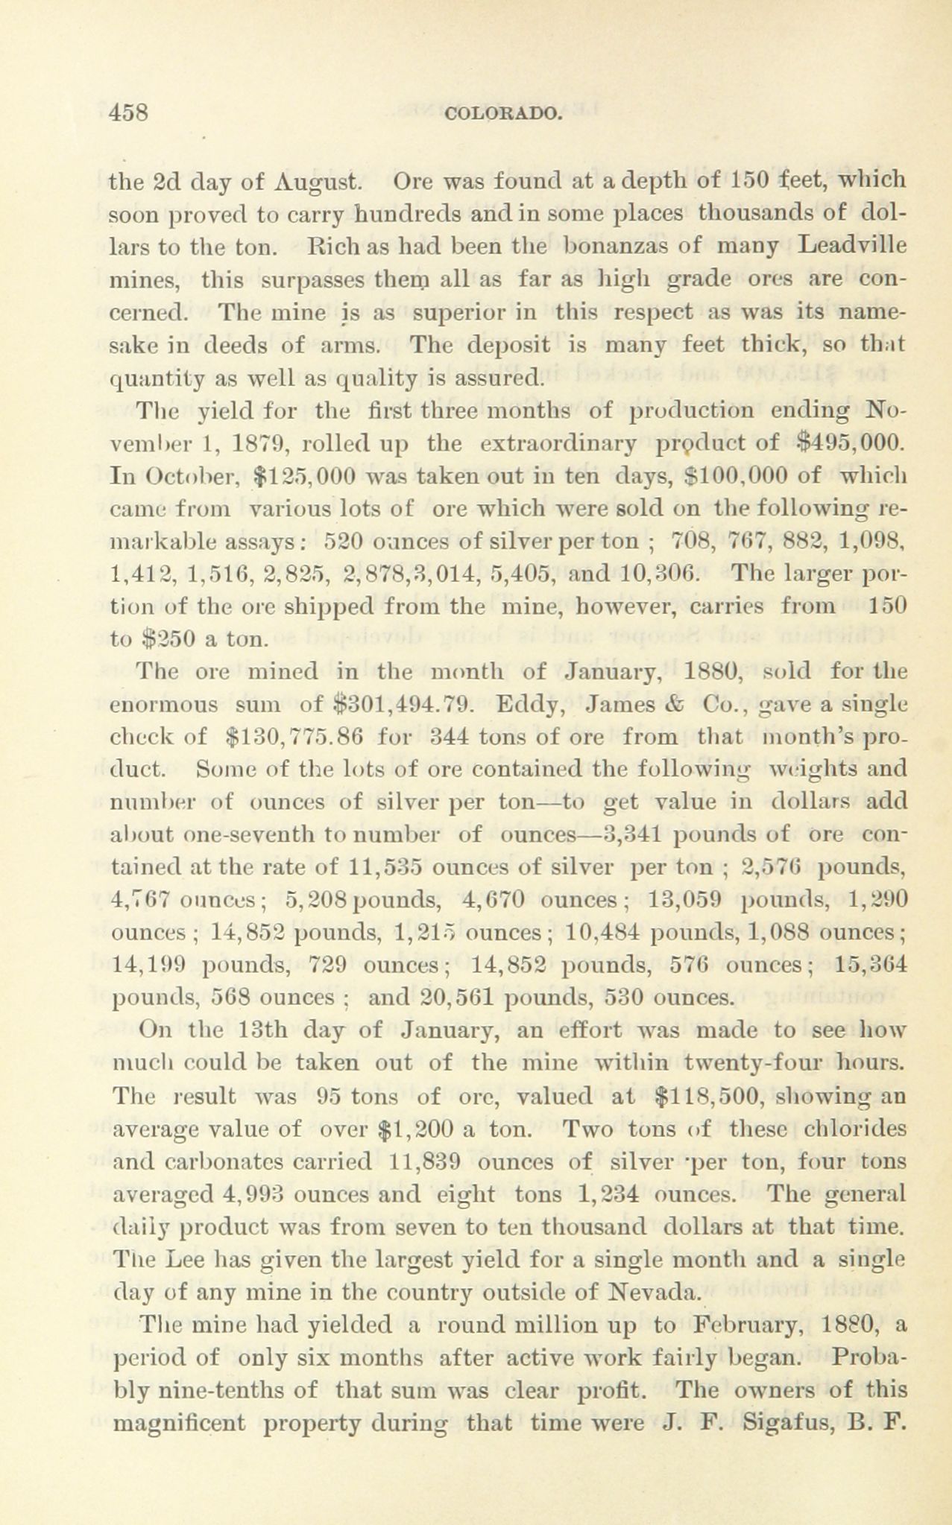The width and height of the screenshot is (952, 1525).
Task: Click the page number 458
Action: coord(130,112)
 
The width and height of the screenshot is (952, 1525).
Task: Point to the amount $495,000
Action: coord(851,445)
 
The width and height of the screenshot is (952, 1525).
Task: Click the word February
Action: coord(747,1326)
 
